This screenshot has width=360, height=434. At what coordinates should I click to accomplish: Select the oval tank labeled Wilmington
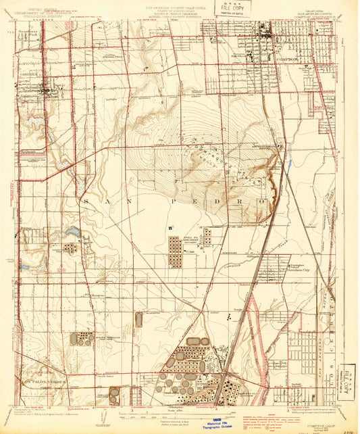(138, 320)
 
